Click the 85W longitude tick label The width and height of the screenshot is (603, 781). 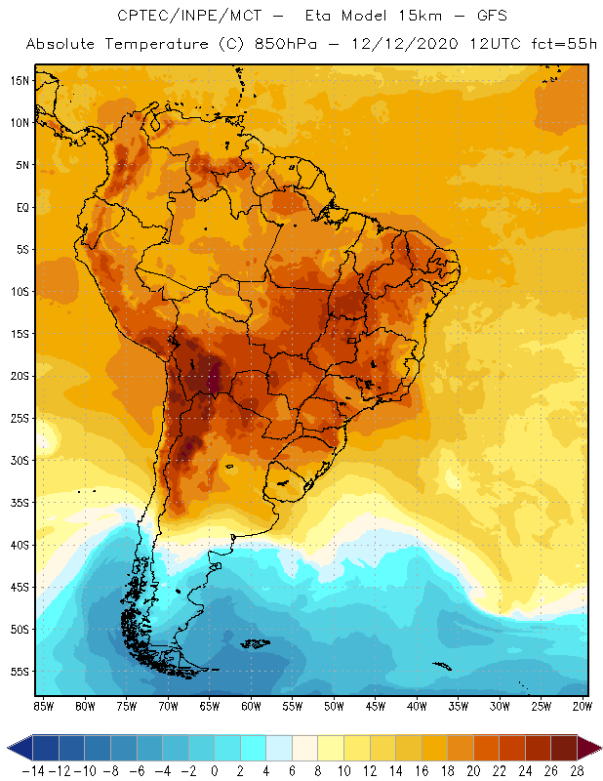pos(43,706)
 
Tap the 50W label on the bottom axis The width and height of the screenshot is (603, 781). pos(334,706)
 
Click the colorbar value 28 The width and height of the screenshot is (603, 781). pos(577,772)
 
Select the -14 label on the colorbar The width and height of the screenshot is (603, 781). pos(32,772)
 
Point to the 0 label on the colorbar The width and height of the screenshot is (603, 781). pos(215,772)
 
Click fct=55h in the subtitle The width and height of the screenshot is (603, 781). pos(557,45)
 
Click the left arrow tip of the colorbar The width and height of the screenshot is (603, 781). pos(8,748)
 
